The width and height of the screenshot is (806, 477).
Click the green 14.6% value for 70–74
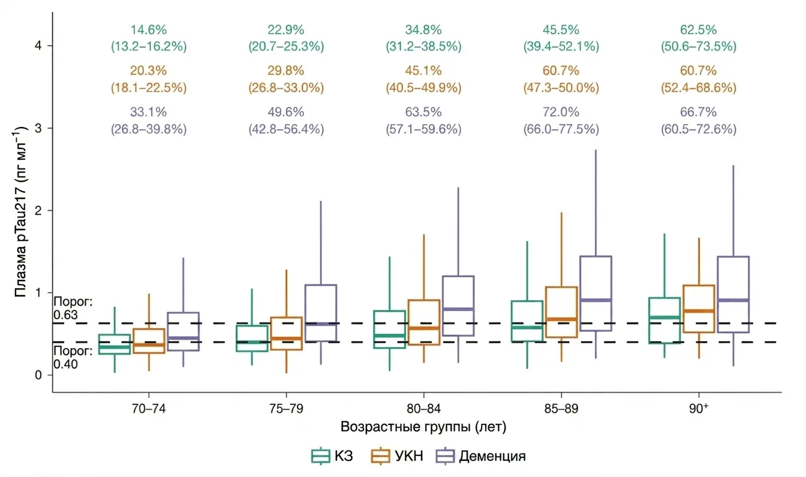click(148, 30)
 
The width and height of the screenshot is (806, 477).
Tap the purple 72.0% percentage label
click(561, 112)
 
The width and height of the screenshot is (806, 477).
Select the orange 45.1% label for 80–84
click(423, 71)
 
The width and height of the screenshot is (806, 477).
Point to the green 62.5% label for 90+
click(698, 30)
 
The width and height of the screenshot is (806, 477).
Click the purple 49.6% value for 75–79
click(285, 112)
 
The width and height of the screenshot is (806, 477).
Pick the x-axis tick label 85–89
click(561, 409)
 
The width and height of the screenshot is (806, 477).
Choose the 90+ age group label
click(699, 408)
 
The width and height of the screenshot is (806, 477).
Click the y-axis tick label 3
click(38, 128)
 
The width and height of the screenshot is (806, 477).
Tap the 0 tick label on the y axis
click(38, 375)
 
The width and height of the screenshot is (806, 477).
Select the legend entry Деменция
click(481, 456)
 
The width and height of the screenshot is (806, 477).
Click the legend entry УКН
click(396, 456)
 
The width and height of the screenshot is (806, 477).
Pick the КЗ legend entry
click(332, 456)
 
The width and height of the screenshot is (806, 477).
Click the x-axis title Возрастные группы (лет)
click(423, 427)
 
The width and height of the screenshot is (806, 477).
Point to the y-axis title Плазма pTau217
click(20, 212)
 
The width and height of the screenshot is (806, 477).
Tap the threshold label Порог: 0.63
click(73, 309)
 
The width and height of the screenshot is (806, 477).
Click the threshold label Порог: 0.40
click(73, 358)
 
